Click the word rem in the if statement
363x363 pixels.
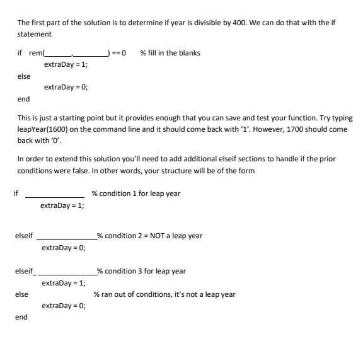pyautogui.click(x=35, y=53)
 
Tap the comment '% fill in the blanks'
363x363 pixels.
pyautogui.click(x=170, y=53)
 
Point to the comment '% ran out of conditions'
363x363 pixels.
pyautogui.click(x=164, y=294)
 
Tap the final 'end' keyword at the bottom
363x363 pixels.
pyautogui.click(x=21, y=317)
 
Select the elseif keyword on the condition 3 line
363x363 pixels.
pyautogui.click(x=24, y=271)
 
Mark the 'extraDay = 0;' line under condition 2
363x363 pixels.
pyautogui.click(x=64, y=248)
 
